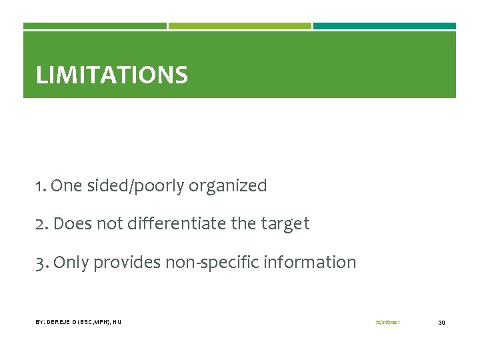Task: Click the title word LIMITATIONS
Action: [x=111, y=75]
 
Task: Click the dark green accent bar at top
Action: [x=95, y=26]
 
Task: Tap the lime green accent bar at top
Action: [x=240, y=26]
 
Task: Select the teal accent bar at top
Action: [x=385, y=26]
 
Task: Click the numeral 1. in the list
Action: [x=41, y=186]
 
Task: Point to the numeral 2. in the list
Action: [x=42, y=224]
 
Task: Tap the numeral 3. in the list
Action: [x=42, y=263]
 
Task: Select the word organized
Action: [x=227, y=187]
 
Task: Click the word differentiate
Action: [x=173, y=224]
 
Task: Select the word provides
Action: [x=125, y=263]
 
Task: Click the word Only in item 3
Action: [x=71, y=263]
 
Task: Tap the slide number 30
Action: [x=441, y=323]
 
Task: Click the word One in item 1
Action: [x=65, y=186]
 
